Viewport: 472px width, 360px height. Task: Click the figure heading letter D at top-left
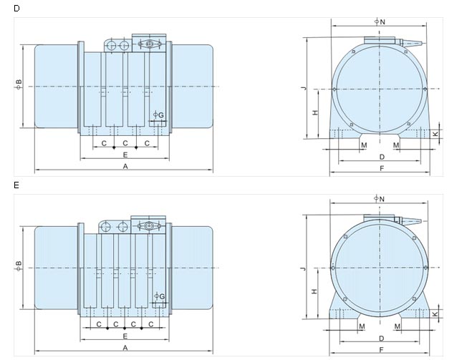[x=16, y=9]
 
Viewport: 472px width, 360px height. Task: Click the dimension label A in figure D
[x=125, y=166]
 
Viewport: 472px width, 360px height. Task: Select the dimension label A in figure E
[x=125, y=348]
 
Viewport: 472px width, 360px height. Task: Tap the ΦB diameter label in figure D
[x=19, y=84]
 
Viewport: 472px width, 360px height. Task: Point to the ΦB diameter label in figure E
[x=19, y=266]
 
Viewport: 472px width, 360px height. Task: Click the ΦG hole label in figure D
[x=158, y=115]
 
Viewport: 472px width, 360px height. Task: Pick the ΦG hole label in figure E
[x=160, y=296]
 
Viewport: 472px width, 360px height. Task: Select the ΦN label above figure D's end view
[x=380, y=21]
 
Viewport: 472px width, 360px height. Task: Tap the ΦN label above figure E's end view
[x=380, y=199]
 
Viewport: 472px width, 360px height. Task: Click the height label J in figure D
[x=304, y=88]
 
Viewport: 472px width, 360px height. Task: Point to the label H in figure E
[x=314, y=291]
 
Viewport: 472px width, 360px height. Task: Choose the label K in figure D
[x=435, y=134]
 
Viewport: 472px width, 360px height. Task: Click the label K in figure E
[x=435, y=314]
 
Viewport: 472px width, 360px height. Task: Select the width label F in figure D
[x=382, y=168]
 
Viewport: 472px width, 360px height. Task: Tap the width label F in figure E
[x=381, y=350]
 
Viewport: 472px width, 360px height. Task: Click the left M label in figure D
[x=364, y=145]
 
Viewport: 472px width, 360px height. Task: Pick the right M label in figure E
[x=398, y=326]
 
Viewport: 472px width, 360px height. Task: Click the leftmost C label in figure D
[x=104, y=143]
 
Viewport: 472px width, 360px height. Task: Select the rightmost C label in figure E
[x=151, y=324]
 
